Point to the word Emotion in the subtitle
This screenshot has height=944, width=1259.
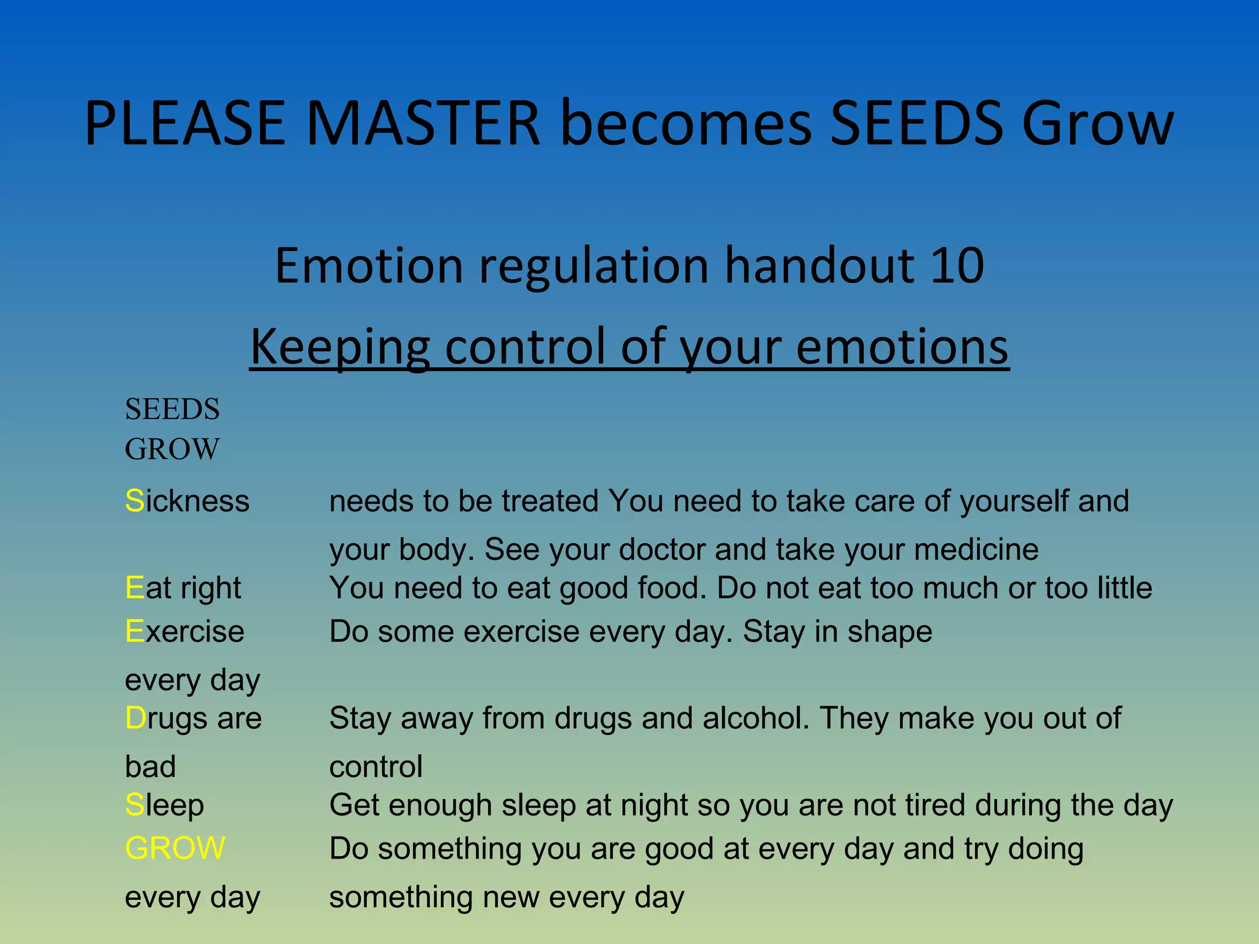(369, 265)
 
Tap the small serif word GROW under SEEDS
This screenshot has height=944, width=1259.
(172, 449)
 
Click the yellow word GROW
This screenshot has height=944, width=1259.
(175, 848)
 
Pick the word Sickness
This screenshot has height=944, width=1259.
(187, 501)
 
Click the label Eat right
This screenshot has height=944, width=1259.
(183, 588)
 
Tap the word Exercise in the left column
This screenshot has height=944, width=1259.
(184, 632)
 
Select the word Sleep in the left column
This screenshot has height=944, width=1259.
(164, 805)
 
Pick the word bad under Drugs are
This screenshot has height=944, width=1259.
(151, 767)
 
